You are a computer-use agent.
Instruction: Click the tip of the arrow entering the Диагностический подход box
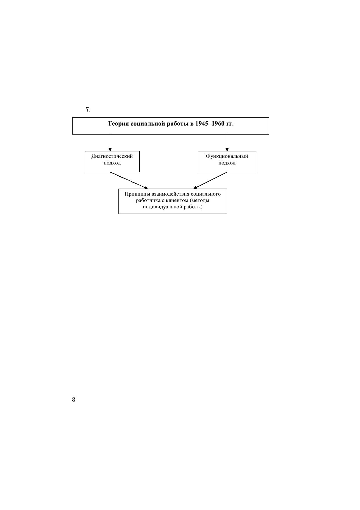pos(110,151)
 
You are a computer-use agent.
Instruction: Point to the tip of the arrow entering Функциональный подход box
pos(227,151)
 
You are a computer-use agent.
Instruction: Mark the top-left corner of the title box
pos(72,117)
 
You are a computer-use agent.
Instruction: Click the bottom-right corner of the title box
pos(269,134)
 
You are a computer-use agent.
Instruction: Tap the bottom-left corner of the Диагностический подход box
pos(85,172)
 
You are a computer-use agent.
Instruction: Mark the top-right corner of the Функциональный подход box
pos(256,151)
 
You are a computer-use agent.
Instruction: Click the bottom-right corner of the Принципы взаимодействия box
pos(227,214)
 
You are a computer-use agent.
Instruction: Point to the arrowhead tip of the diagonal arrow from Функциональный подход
pos(193,189)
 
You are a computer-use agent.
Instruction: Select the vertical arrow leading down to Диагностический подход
pos(110,143)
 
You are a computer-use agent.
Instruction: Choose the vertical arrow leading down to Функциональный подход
pos(227,143)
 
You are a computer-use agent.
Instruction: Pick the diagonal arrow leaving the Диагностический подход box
pos(129,180)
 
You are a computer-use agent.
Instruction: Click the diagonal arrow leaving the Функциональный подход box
pos(210,180)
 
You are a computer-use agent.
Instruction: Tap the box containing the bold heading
pos(170,126)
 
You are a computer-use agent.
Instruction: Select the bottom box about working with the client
pos(173,201)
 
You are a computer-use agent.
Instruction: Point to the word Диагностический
pos(112,156)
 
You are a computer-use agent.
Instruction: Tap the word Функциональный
pos(227,156)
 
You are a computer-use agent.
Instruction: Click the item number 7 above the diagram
pos(88,110)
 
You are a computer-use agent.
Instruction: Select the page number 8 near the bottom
pos(73,400)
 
